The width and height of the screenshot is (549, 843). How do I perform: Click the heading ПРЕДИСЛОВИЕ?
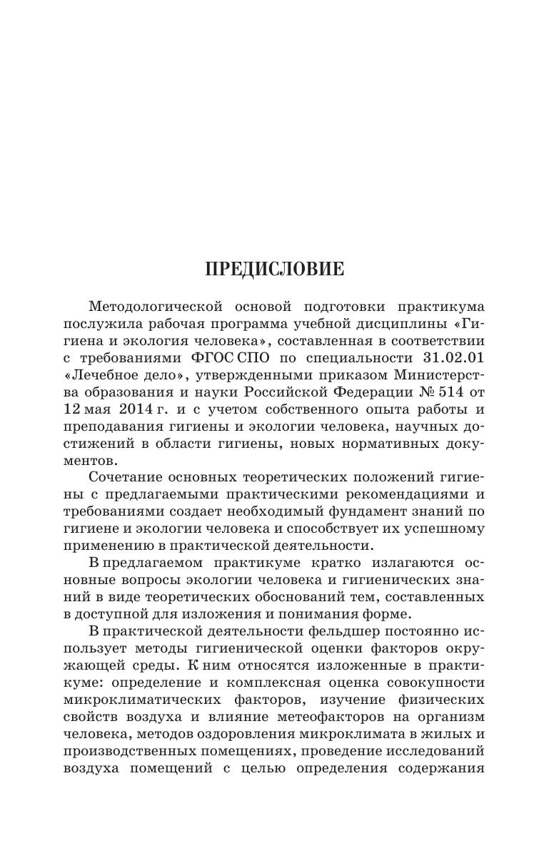point(274,270)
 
